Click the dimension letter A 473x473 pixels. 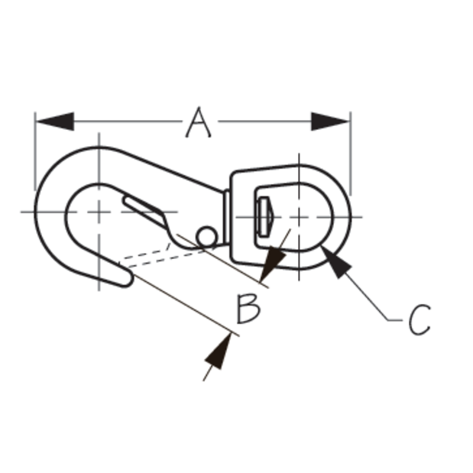198,122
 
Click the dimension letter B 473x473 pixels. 248,309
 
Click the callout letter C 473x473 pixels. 420,319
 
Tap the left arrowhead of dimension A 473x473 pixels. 55,121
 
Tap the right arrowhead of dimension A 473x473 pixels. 330,121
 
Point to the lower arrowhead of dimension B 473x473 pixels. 219,351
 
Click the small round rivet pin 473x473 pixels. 206,237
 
